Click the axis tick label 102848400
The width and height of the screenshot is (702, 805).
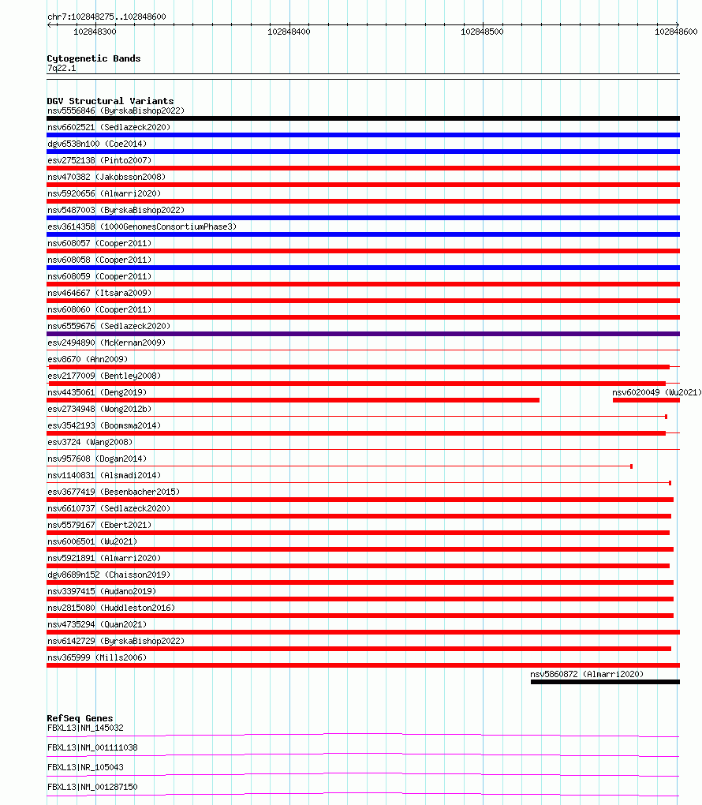pos(289,32)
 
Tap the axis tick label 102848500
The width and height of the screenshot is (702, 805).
pos(483,32)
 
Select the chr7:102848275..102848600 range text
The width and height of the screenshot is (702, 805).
pos(106,17)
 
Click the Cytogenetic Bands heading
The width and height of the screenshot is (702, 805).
pos(93,58)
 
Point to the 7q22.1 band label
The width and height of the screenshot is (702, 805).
pos(62,69)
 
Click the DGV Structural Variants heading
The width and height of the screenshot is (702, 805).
pos(110,101)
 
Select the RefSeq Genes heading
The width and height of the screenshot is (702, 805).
pos(80,718)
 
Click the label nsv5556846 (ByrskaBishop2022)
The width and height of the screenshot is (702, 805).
pos(115,110)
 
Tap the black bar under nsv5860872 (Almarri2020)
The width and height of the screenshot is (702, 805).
pos(604,682)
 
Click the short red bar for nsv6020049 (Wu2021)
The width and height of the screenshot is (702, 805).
pos(645,400)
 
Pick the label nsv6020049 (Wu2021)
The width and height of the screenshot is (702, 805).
pos(656,392)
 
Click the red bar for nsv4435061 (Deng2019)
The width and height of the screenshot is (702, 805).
pos(293,400)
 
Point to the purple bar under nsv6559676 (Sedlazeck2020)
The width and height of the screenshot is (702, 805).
pos(363,334)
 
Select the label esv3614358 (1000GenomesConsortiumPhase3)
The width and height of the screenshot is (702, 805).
pos(141,227)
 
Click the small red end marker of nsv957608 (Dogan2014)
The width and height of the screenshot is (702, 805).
pos(631,466)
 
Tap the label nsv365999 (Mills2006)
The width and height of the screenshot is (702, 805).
pos(96,657)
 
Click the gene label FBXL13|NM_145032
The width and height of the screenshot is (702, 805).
pos(85,728)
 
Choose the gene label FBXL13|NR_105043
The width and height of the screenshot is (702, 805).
pos(85,767)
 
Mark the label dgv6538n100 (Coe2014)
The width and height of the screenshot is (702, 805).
pos(96,144)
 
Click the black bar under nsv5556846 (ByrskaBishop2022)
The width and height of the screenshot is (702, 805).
pos(363,118)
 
